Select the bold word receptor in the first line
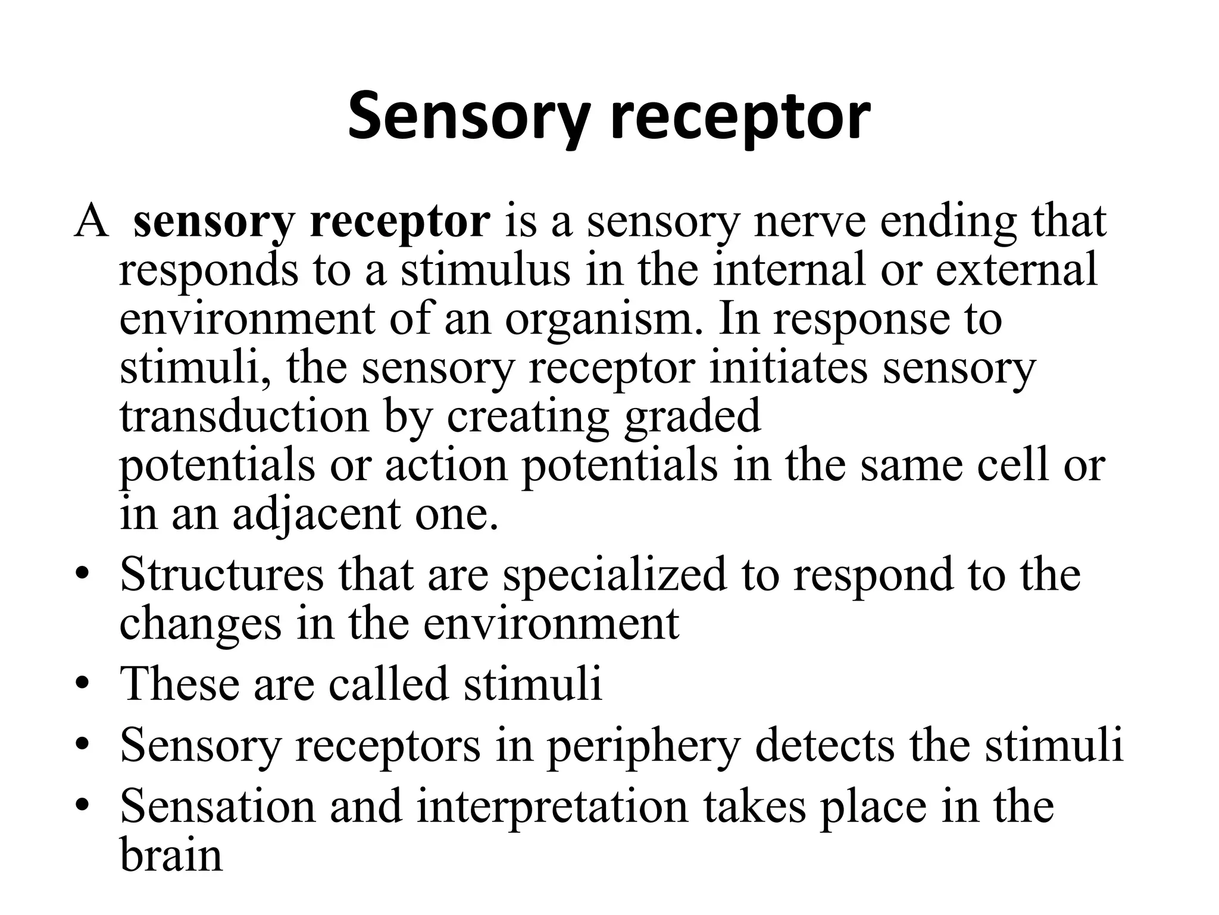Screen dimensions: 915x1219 pos(400,222)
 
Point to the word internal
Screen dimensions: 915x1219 pos(789,269)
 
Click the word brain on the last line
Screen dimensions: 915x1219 pos(171,855)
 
